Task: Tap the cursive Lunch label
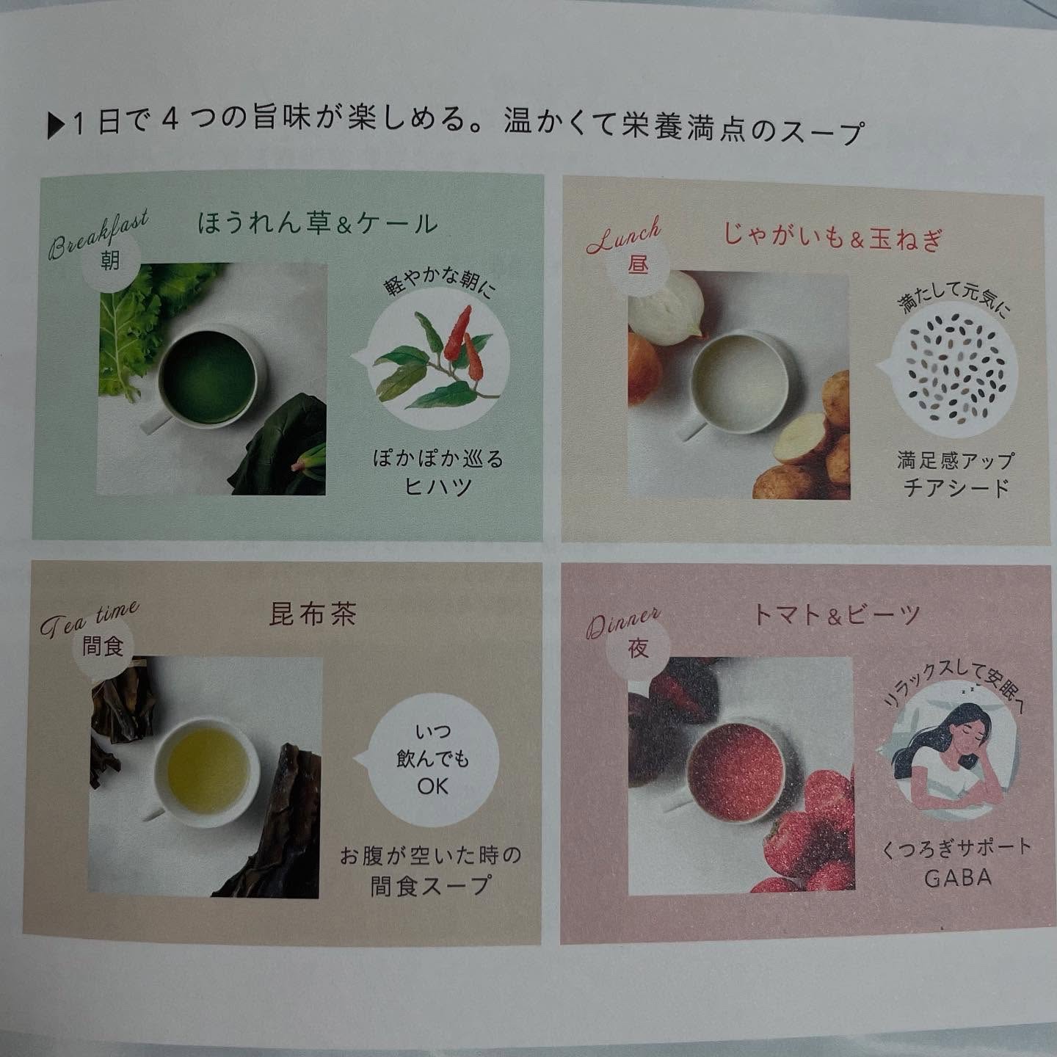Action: (x=624, y=235)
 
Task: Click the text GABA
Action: (x=958, y=878)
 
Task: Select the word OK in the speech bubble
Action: (x=432, y=786)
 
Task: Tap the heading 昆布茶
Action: (x=313, y=614)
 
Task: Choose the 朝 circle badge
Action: (x=110, y=261)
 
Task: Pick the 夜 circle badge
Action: (x=639, y=648)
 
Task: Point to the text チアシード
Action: (x=956, y=487)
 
